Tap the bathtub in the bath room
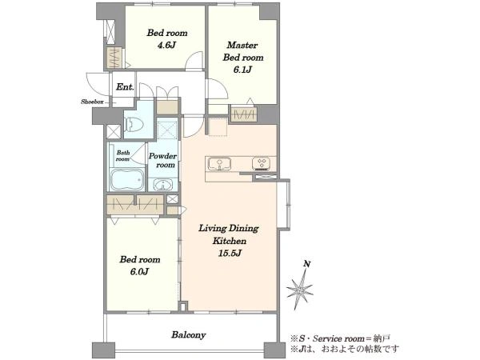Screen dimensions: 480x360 (x=127, y=180)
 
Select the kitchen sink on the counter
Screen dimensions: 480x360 (x=219, y=163)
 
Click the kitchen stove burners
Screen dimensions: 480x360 (x=261, y=163)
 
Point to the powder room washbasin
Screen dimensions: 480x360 (x=162, y=186)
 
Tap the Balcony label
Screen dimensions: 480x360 (x=188, y=335)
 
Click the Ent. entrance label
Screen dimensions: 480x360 (x=125, y=87)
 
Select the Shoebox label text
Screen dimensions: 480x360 (x=92, y=102)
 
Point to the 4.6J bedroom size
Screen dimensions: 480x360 (x=166, y=46)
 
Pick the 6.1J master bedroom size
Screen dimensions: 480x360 (x=242, y=70)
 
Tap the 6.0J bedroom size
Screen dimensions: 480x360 (x=139, y=271)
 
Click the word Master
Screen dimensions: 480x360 (x=242, y=46)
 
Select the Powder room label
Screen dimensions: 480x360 (x=162, y=161)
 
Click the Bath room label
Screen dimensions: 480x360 (x=123, y=156)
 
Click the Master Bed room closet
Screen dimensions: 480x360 (x=244, y=115)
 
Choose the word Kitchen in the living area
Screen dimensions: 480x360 (x=230, y=241)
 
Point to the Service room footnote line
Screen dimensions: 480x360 (x=341, y=338)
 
